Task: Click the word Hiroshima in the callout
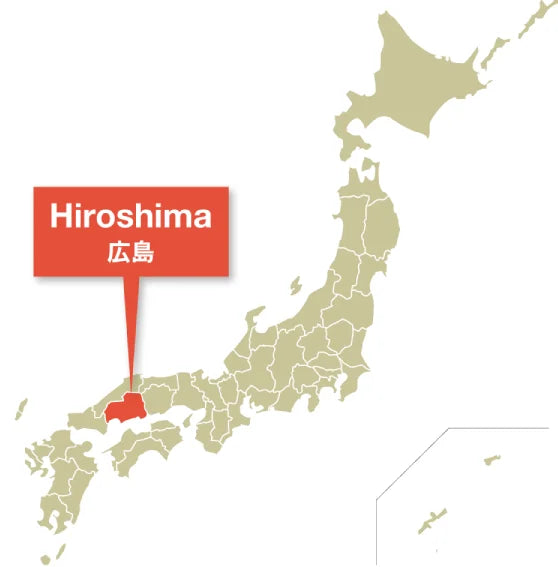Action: pyautogui.click(x=132, y=216)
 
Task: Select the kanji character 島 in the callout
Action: pyautogui.click(x=144, y=254)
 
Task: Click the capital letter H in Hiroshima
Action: pyautogui.click(x=62, y=216)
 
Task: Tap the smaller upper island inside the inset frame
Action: pyautogui.click(x=491, y=461)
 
